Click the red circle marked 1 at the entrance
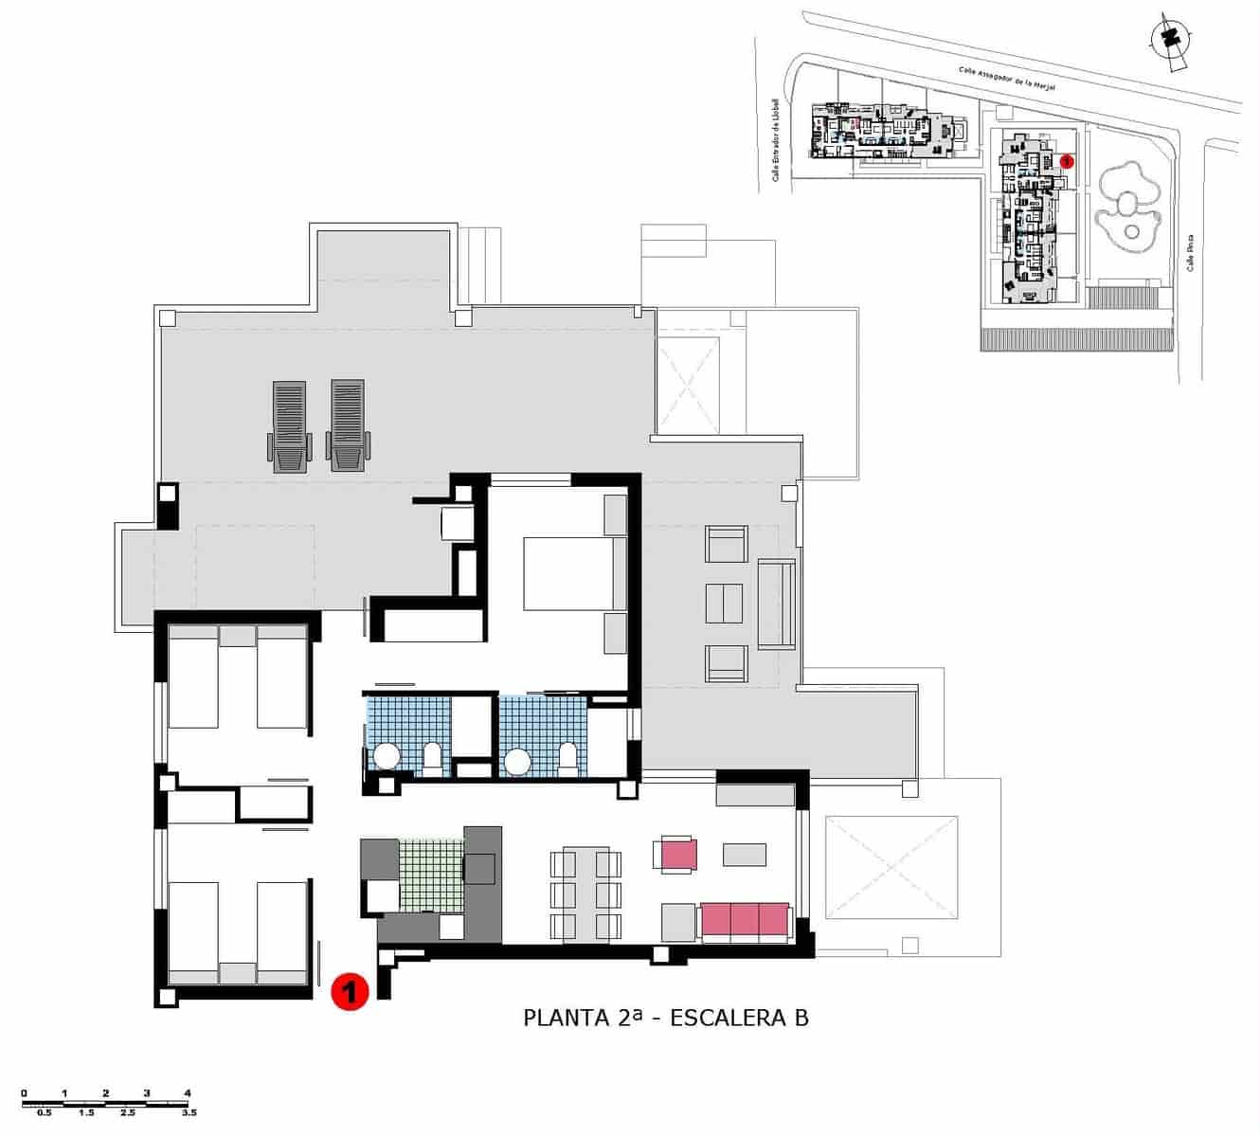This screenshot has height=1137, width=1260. (x=349, y=992)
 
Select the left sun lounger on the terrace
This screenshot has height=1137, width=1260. (x=289, y=426)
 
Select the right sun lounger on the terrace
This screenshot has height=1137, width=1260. (x=347, y=426)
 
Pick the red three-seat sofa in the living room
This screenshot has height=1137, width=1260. (x=744, y=921)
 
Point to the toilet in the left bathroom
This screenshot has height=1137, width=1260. (x=432, y=758)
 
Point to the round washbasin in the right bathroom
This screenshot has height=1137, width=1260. (x=517, y=761)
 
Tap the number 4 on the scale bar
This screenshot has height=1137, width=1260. (x=188, y=1092)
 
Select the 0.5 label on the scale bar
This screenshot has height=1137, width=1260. (x=44, y=1112)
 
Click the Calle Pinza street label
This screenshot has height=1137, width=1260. (x=1191, y=253)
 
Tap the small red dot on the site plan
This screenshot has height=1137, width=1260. (x=1067, y=162)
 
